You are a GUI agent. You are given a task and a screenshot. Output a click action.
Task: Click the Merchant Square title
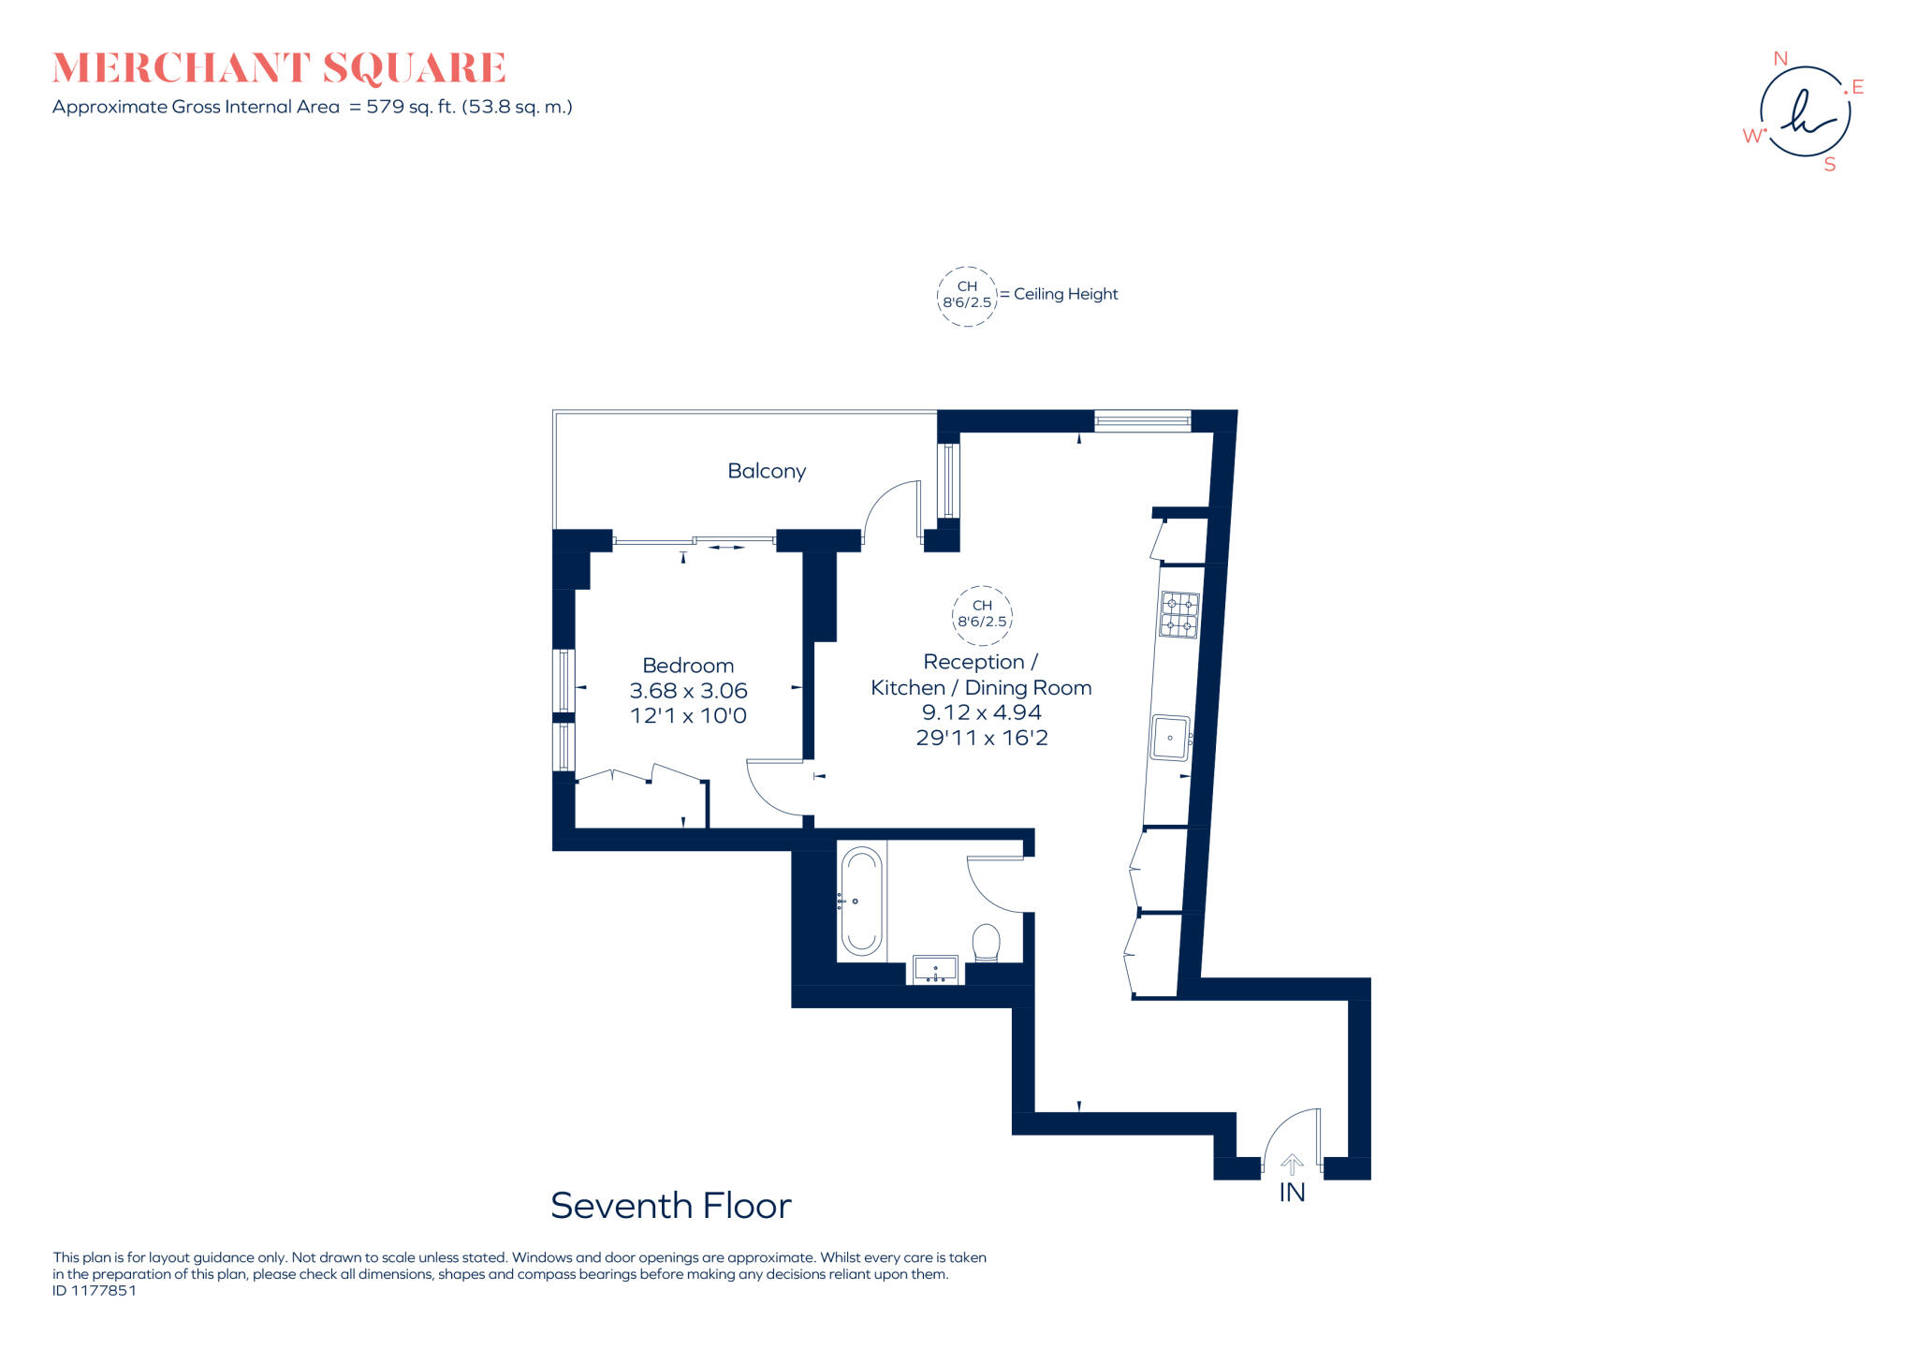pyautogui.click(x=279, y=68)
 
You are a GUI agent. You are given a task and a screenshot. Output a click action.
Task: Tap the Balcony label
pyautogui.click(x=766, y=471)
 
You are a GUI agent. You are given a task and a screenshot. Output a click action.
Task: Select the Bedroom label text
pyautogui.click(x=687, y=666)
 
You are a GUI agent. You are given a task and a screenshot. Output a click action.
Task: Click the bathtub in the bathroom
pyautogui.click(x=860, y=901)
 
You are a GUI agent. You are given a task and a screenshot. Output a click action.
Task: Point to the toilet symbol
pyautogui.click(x=986, y=942)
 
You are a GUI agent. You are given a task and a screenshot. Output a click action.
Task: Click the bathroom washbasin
pyautogui.click(x=935, y=969)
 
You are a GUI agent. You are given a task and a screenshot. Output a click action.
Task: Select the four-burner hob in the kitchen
pyautogui.click(x=1179, y=614)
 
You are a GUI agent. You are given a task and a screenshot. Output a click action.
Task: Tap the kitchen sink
pyautogui.click(x=1169, y=738)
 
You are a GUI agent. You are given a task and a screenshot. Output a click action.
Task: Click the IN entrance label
pyautogui.click(x=1292, y=1193)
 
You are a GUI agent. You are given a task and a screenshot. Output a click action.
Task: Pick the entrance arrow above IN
pyautogui.click(x=1292, y=1165)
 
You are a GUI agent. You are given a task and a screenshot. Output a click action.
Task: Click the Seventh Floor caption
pyautogui.click(x=670, y=1206)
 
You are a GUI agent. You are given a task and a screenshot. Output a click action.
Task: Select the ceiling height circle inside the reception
pyautogui.click(x=982, y=614)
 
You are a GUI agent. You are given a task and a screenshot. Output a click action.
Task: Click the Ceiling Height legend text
pyautogui.click(x=1065, y=294)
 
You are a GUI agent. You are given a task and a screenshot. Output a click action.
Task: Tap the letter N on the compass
pyautogui.click(x=1780, y=59)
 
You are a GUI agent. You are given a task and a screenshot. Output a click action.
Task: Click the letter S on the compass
pyautogui.click(x=1829, y=165)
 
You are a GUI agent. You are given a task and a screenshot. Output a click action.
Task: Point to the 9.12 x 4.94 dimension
pyautogui.click(x=981, y=712)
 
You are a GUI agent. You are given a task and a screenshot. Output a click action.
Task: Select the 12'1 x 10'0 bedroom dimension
pyautogui.click(x=687, y=716)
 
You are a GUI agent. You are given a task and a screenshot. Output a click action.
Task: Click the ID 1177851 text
pyautogui.click(x=95, y=1290)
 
